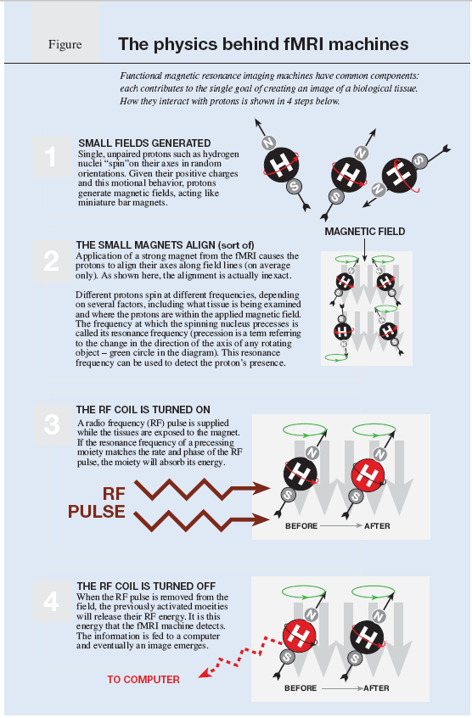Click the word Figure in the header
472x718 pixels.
tap(65, 44)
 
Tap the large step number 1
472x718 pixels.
tap(51, 157)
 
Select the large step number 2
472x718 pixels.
tap(51, 261)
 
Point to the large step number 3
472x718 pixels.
tap(52, 424)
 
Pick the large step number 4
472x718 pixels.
tap(51, 601)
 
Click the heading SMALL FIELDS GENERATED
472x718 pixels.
tap(144, 143)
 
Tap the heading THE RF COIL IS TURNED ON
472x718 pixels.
tap(143, 410)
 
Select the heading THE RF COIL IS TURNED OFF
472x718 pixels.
tap(146, 586)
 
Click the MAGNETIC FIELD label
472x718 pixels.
tap(365, 232)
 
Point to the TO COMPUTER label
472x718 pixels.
tap(143, 680)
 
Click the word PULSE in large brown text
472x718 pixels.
tap(97, 512)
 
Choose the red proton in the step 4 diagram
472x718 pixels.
tap(301, 635)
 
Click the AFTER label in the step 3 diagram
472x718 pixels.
tap(377, 526)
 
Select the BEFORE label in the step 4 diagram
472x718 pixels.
tap(301, 688)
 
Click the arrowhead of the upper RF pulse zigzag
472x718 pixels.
tap(261, 488)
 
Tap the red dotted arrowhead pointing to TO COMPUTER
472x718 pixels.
tap(205, 672)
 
